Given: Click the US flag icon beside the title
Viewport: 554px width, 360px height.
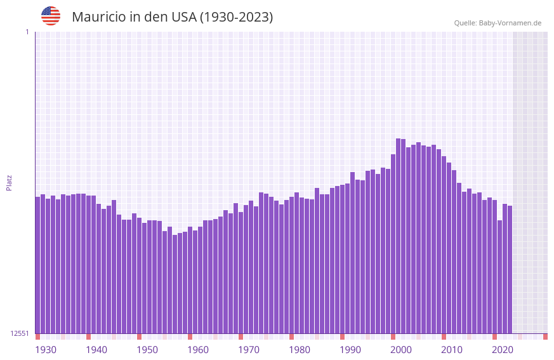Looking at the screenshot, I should pos(51,16).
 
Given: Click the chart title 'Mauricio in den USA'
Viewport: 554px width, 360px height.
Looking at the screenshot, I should pos(172,17).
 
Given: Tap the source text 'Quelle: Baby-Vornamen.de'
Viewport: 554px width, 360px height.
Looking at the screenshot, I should pos(498,23).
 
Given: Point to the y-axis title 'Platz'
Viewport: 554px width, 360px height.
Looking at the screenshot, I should pos(9,182).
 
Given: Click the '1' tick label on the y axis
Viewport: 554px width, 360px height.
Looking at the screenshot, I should pos(27,32).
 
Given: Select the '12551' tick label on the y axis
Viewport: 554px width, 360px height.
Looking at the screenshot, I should pos(20,333).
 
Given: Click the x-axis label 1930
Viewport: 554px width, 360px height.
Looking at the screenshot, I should pos(46,350).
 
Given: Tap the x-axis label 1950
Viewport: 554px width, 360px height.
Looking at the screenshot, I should pos(147,350).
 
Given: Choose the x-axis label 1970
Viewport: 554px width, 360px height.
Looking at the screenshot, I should pos(249,350).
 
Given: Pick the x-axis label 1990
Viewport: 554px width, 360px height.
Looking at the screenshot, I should pos(350,350).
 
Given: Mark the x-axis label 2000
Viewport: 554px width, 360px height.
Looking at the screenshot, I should pos(401,350).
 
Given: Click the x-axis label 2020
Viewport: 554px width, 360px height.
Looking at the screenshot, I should pos(503,350).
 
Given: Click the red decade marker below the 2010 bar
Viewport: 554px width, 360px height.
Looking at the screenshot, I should pos(444,337).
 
